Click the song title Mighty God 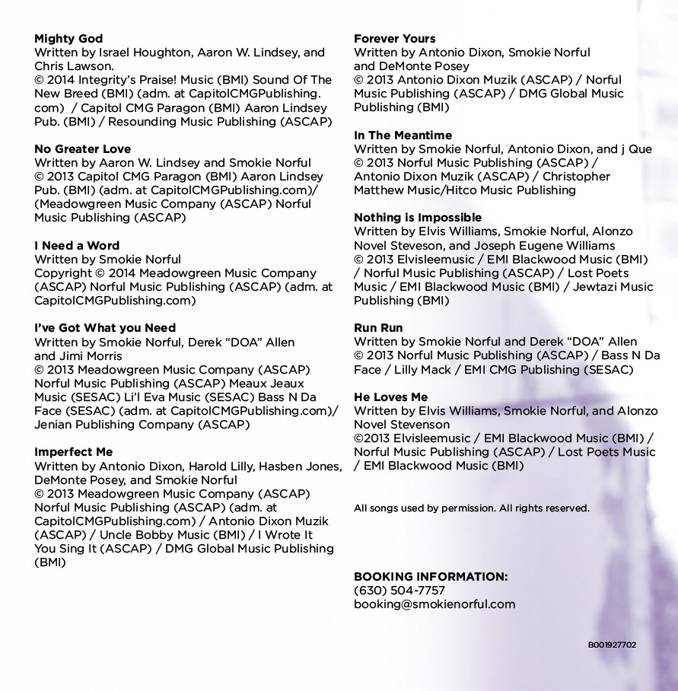pos(68,39)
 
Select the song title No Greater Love pos(82,149)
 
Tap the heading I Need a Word pos(77,246)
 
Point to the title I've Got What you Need pos(105,328)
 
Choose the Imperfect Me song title pos(74,452)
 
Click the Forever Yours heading pos(395,39)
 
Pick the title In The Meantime pos(403,135)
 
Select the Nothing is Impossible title pos(418,218)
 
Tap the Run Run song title pos(378,328)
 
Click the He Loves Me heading pos(390,397)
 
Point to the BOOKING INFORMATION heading pos(431,577)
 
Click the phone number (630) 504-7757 pos(399,591)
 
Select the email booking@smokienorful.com pos(434,604)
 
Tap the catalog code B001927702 pos(612,645)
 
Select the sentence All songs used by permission pos(425,508)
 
